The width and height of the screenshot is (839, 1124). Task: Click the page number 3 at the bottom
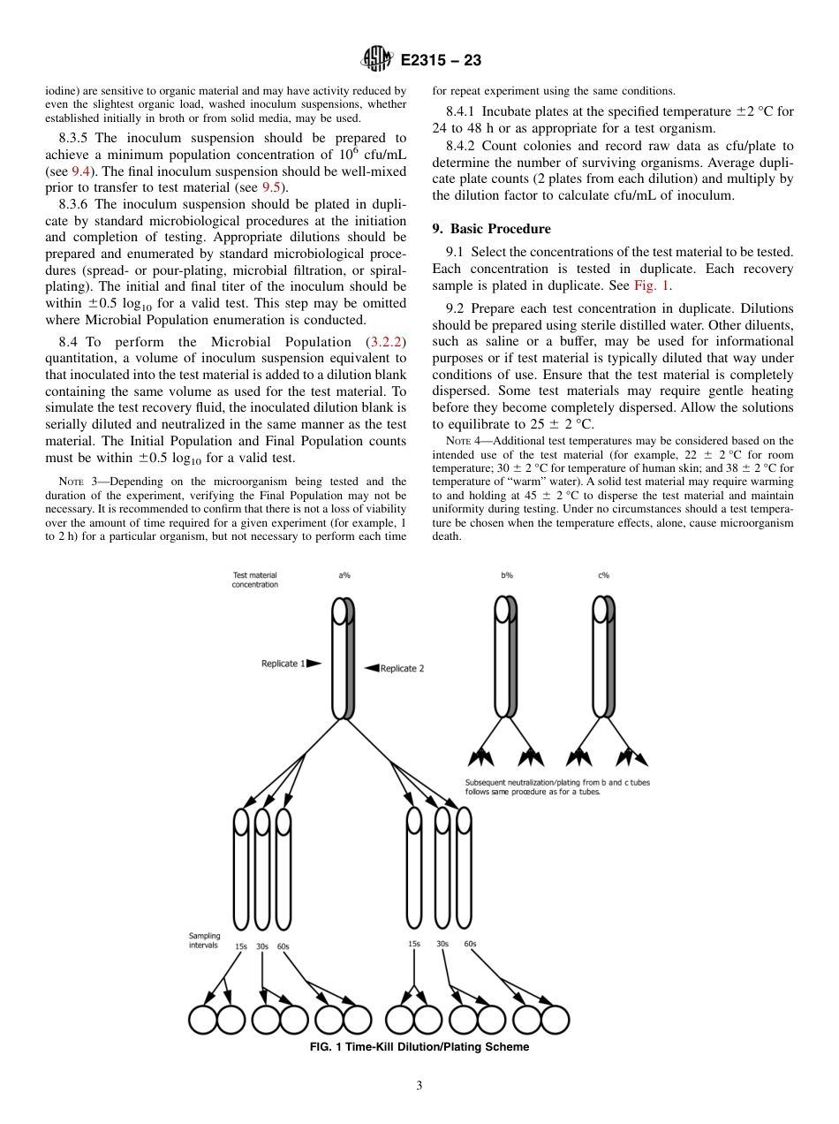[x=419, y=1086]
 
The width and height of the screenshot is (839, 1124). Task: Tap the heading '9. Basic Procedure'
[x=491, y=229]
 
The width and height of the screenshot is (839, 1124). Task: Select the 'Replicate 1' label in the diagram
[x=284, y=664]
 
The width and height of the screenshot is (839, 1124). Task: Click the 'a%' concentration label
[x=344, y=575]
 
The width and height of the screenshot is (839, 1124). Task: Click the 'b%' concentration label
[x=507, y=575]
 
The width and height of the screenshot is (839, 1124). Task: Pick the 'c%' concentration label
[x=603, y=575]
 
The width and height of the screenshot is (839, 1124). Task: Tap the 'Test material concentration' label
[x=255, y=580]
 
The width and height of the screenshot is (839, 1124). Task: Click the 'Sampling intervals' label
[x=205, y=939]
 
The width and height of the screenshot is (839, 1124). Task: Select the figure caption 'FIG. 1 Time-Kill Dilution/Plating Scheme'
[x=419, y=1047]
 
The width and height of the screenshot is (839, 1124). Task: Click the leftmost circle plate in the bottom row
[x=203, y=1020]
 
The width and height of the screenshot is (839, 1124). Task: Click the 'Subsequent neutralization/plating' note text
[x=557, y=786]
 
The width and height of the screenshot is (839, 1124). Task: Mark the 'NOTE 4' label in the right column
[x=457, y=440]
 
